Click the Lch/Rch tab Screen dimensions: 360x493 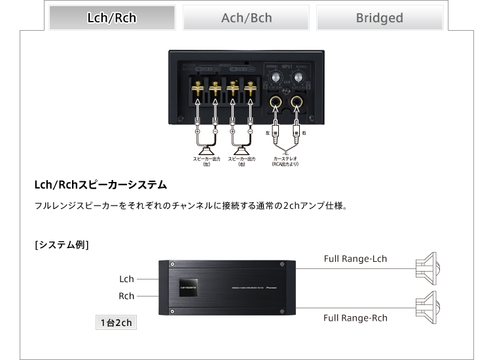click(x=112, y=18)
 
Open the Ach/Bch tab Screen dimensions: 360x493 click(x=246, y=18)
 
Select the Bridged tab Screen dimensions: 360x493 click(x=379, y=18)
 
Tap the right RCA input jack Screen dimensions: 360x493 click(x=298, y=102)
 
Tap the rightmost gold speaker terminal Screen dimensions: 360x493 click(x=249, y=85)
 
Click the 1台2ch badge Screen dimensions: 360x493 click(x=116, y=323)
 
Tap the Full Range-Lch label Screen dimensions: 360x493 click(x=355, y=259)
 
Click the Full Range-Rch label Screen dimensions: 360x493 click(x=355, y=318)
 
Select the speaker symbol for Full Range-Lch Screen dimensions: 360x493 click(x=429, y=266)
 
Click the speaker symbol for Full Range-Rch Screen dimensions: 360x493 click(x=429, y=303)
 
